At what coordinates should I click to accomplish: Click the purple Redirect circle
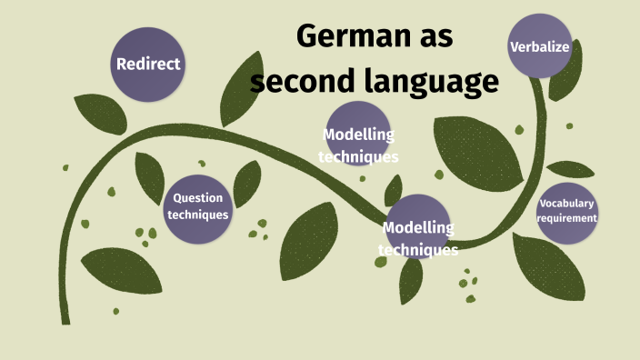[148, 65]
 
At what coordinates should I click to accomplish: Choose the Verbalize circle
[539, 45]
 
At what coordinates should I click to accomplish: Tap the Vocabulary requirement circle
[566, 211]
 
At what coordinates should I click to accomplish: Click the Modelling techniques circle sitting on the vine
[417, 232]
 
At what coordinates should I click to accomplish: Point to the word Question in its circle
[197, 197]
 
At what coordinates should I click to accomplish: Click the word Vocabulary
[566, 203]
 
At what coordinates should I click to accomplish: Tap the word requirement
[566, 218]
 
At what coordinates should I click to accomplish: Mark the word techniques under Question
[197, 215]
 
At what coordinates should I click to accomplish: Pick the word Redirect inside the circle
[148, 65]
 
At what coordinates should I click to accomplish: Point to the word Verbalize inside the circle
[539, 45]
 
